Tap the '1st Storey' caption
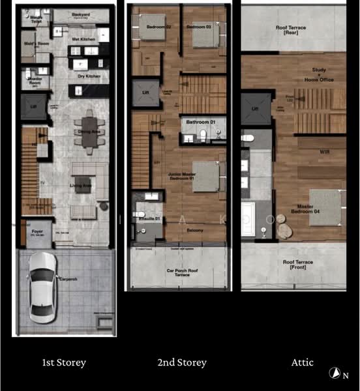pos(64,362)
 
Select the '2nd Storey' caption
pos(181,362)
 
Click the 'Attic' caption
pos(302,362)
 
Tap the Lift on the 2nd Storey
pos(145,93)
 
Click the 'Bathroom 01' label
pos(201,122)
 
